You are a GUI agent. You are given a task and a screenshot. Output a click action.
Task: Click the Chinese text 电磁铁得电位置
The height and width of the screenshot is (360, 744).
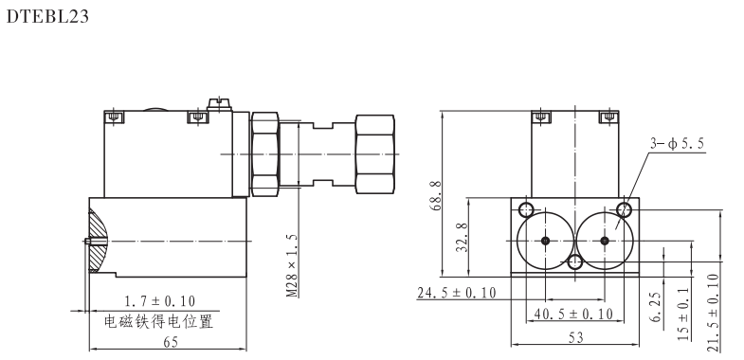157,320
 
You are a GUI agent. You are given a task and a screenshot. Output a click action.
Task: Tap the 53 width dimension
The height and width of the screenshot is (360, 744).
574,338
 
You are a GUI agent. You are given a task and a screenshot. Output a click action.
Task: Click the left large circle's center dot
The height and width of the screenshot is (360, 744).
546,241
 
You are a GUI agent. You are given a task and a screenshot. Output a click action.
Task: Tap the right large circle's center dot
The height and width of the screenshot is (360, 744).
605,241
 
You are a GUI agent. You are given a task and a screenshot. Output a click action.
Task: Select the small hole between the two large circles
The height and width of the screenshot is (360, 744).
574,262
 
